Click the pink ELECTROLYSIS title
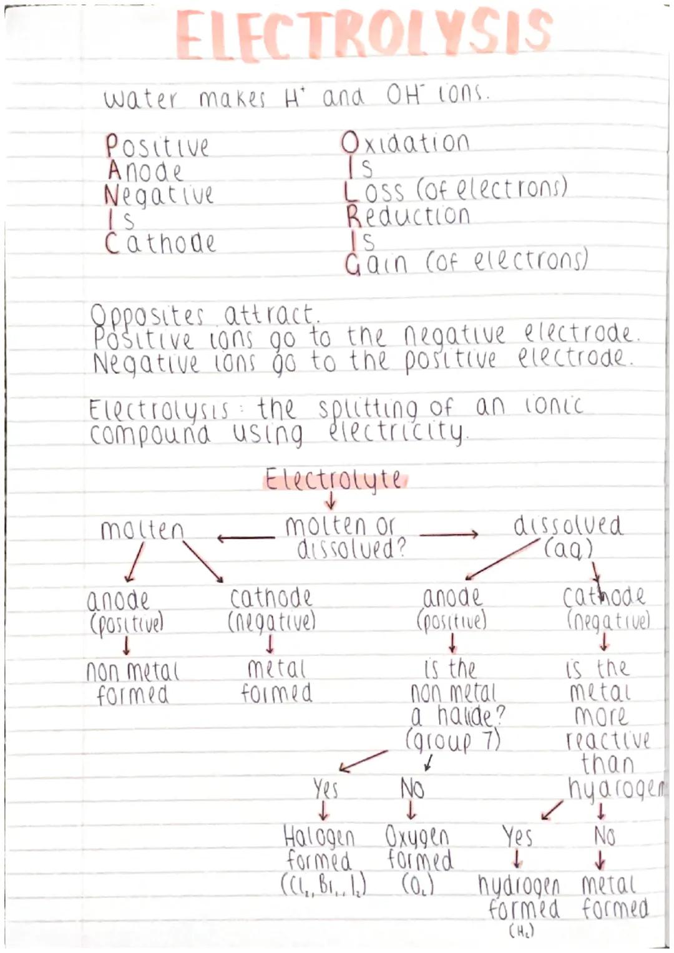click(x=364, y=35)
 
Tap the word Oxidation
click(x=406, y=144)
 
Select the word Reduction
click(x=408, y=216)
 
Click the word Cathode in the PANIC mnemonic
click(x=160, y=243)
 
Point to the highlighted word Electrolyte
click(x=334, y=480)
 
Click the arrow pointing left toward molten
click(x=245, y=537)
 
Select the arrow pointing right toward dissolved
click(x=449, y=534)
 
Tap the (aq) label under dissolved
click(x=568, y=549)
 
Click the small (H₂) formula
click(x=521, y=932)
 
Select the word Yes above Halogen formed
click(x=326, y=789)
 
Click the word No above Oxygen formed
click(x=412, y=789)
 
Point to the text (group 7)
click(x=452, y=741)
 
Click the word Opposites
click(x=148, y=315)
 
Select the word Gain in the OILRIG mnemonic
click(x=376, y=263)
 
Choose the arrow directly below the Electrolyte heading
click(x=331, y=501)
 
